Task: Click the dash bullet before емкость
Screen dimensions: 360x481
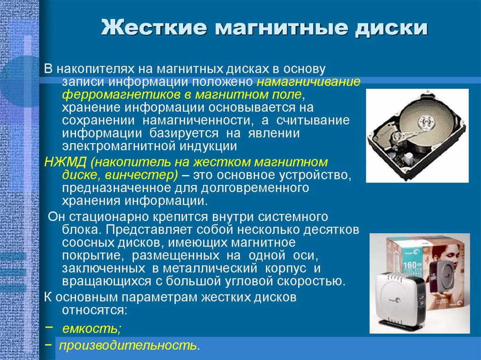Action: pyautogui.click(x=49, y=327)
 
